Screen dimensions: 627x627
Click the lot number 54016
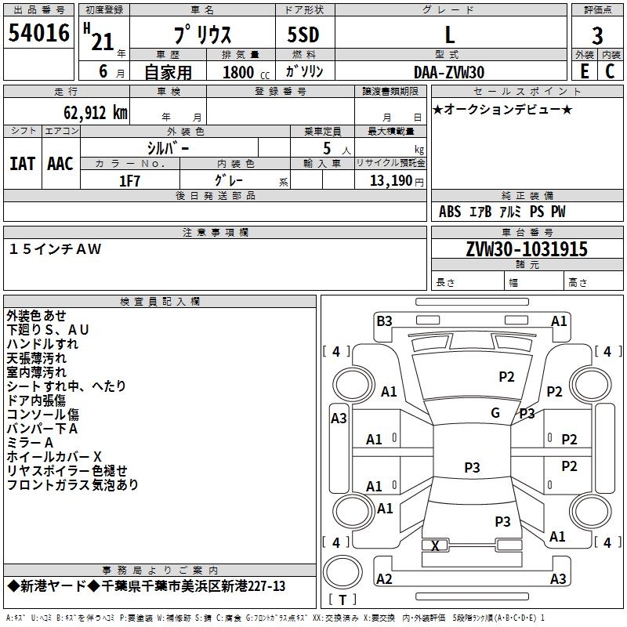[38, 33]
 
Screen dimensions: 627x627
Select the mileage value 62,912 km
[96, 113]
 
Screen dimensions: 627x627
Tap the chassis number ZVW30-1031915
[527, 249]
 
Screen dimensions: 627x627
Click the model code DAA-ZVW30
[449, 72]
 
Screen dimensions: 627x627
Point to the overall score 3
[597, 36]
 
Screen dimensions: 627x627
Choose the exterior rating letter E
[584, 71]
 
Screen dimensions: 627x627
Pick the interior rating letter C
[610, 71]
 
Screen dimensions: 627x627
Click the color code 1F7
[129, 181]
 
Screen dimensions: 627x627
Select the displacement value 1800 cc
[246, 72]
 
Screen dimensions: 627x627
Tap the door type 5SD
[303, 34]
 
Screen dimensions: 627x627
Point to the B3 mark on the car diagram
[384, 321]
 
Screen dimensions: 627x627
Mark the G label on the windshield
[495, 413]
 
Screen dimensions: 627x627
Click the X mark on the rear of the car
[435, 545]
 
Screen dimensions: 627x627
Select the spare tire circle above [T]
[342, 572]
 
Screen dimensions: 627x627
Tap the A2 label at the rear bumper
[384, 578]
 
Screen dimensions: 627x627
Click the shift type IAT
[23, 164]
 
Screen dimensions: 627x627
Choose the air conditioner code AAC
[60, 164]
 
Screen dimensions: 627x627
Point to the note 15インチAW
[55, 249]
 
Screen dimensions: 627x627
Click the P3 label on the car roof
[472, 467]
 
